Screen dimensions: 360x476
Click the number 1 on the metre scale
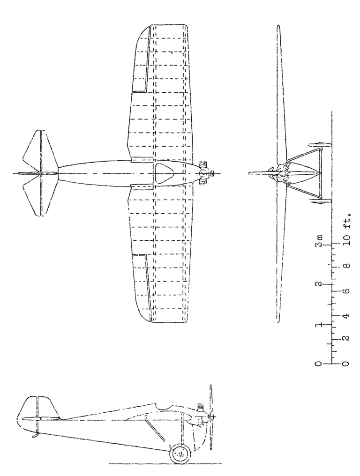coord(318,325)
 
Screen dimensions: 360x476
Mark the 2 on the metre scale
coord(318,284)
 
